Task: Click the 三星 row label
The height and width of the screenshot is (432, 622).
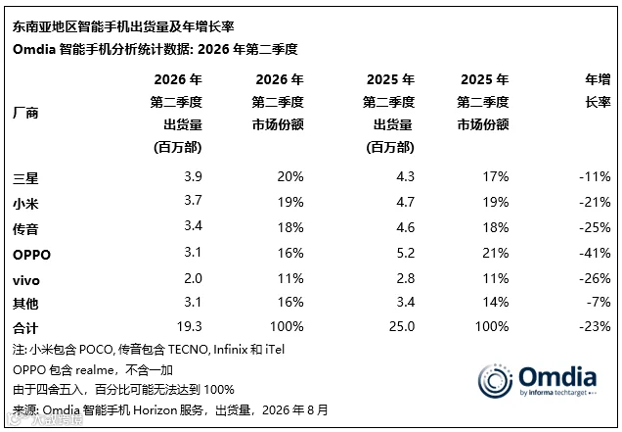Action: pyautogui.click(x=25, y=177)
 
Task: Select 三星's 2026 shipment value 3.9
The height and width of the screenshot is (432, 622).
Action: pyautogui.click(x=193, y=176)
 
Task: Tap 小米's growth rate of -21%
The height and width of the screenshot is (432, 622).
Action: pyautogui.click(x=595, y=202)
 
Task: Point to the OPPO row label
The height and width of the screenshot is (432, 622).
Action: pyautogui.click(x=31, y=255)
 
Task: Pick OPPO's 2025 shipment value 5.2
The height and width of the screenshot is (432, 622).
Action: pyautogui.click(x=406, y=253)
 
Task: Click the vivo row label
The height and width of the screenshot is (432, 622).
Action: pyautogui.click(x=26, y=280)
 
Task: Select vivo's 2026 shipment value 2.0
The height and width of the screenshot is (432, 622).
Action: pyautogui.click(x=193, y=278)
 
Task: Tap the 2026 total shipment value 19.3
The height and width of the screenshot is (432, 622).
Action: pyautogui.click(x=189, y=326)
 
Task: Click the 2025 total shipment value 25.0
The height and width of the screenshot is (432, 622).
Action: pyautogui.click(x=402, y=326)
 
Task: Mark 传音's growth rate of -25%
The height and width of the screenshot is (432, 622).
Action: pyautogui.click(x=595, y=227)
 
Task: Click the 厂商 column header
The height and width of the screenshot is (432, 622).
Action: pyautogui.click(x=25, y=113)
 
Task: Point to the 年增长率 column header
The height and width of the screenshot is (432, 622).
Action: pyautogui.click(x=598, y=91)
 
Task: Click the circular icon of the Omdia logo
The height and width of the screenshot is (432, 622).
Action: pyautogui.click(x=495, y=381)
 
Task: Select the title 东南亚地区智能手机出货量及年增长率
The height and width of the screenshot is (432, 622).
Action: pyautogui.click(x=123, y=26)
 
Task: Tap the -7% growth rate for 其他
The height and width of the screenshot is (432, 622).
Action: pyautogui.click(x=599, y=302)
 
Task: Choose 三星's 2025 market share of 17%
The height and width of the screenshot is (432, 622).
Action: pyautogui.click(x=496, y=176)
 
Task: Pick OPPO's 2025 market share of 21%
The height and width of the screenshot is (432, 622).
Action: pyautogui.click(x=496, y=253)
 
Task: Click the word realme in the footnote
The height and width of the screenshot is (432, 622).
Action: pyautogui.click(x=95, y=370)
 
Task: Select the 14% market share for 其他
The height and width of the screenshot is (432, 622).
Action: pyautogui.click(x=496, y=302)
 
